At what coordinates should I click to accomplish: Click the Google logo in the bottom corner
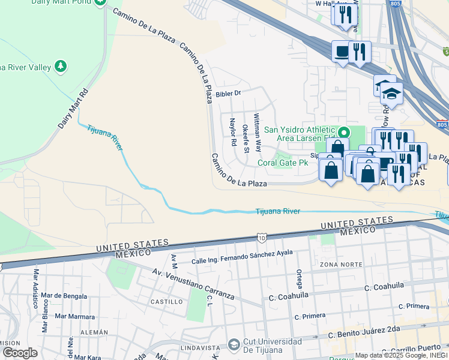tap(20, 353)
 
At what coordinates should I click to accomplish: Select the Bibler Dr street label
tap(228, 93)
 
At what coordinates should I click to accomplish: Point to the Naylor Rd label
tap(232, 133)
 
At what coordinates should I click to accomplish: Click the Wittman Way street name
tap(258, 131)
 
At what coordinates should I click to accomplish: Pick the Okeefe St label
tap(246, 138)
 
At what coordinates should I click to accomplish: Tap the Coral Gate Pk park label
tap(283, 163)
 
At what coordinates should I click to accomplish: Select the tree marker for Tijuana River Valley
tap(61, 65)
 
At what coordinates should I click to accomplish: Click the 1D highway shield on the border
tap(261, 238)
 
